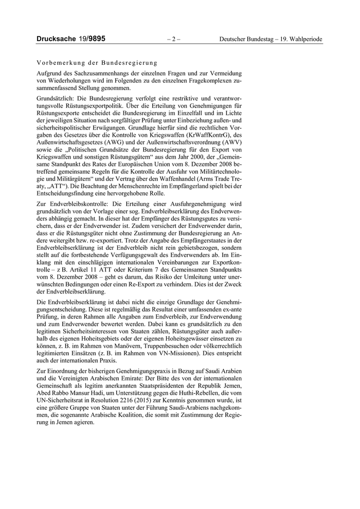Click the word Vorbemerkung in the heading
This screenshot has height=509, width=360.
[x=59, y=61]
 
